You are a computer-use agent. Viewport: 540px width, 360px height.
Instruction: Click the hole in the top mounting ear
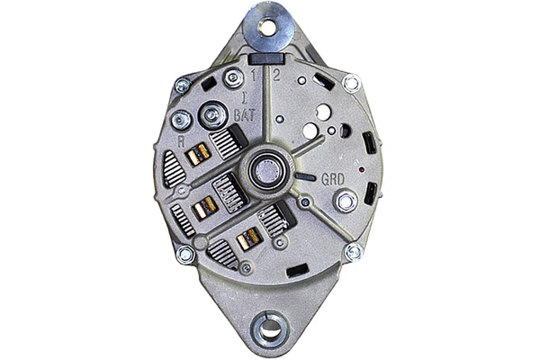tap(266, 27)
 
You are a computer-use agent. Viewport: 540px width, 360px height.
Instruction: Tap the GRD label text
tap(333, 178)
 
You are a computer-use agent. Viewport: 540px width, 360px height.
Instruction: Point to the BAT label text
tap(243, 115)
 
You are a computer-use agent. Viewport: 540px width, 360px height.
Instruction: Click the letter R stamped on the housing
tap(182, 140)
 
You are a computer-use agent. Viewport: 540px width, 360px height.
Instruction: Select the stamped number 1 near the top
tap(255, 76)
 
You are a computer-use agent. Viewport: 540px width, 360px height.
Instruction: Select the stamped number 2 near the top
tap(275, 76)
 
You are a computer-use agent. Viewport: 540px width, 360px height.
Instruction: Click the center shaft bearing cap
tap(267, 170)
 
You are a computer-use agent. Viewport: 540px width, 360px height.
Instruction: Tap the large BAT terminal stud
tap(213, 115)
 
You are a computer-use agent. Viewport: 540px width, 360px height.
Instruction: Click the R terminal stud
tap(181, 120)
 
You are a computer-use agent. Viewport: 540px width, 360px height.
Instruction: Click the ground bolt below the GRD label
tap(345, 201)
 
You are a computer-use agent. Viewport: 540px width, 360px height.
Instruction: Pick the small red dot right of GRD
tap(361, 169)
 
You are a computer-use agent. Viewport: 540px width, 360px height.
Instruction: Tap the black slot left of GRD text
tap(306, 177)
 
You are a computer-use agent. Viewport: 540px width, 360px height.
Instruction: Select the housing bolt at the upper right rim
tap(351, 84)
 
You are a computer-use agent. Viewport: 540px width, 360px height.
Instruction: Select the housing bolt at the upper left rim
tap(183, 86)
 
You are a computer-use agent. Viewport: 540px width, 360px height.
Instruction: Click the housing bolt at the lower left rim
tap(185, 255)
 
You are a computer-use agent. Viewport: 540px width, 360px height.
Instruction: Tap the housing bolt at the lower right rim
tap(354, 253)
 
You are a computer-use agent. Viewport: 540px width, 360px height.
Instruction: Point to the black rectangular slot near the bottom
tap(297, 270)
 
